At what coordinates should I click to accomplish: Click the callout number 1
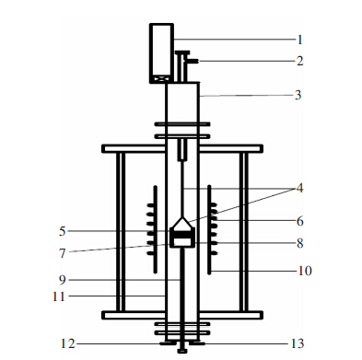tap(300, 40)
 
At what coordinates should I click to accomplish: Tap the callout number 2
tap(299, 61)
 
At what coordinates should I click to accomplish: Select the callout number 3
tap(298, 95)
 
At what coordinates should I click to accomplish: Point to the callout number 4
tap(299, 188)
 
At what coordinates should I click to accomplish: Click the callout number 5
tap(63, 231)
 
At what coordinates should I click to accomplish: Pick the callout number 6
tap(300, 221)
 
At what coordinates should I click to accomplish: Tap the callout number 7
tap(63, 253)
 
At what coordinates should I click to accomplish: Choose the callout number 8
tap(300, 243)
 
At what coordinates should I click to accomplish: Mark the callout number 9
tap(63, 280)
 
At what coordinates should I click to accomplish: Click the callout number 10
tap(305, 271)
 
